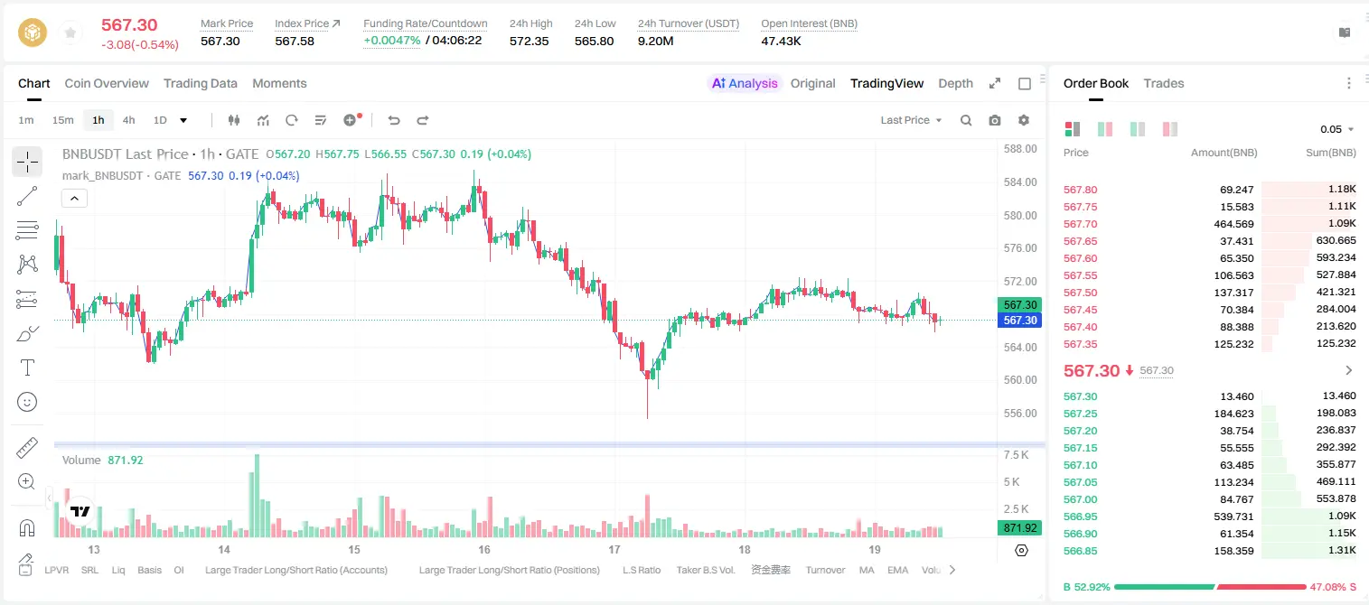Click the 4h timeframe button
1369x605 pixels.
(128, 120)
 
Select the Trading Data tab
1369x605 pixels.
(201, 84)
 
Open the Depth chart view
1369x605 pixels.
(955, 84)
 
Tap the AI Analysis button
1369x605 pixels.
(745, 84)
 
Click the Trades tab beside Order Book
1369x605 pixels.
(1164, 84)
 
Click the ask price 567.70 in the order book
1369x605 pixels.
(1080, 224)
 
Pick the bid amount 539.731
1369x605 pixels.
(1233, 517)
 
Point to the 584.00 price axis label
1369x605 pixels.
(1020, 181)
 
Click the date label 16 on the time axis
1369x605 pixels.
(484, 550)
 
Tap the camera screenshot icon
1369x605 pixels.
(995, 120)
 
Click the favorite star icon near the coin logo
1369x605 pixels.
(70, 33)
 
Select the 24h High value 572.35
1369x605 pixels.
(530, 41)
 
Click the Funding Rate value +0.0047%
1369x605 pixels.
(392, 41)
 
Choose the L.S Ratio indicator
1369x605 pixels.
(641, 570)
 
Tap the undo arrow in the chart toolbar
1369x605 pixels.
(394, 120)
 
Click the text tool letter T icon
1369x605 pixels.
(27, 368)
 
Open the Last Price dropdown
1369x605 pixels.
(911, 120)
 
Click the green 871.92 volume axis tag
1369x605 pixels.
(1019, 527)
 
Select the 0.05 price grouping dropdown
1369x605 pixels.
(1336, 129)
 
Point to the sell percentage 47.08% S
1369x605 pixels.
(1333, 587)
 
